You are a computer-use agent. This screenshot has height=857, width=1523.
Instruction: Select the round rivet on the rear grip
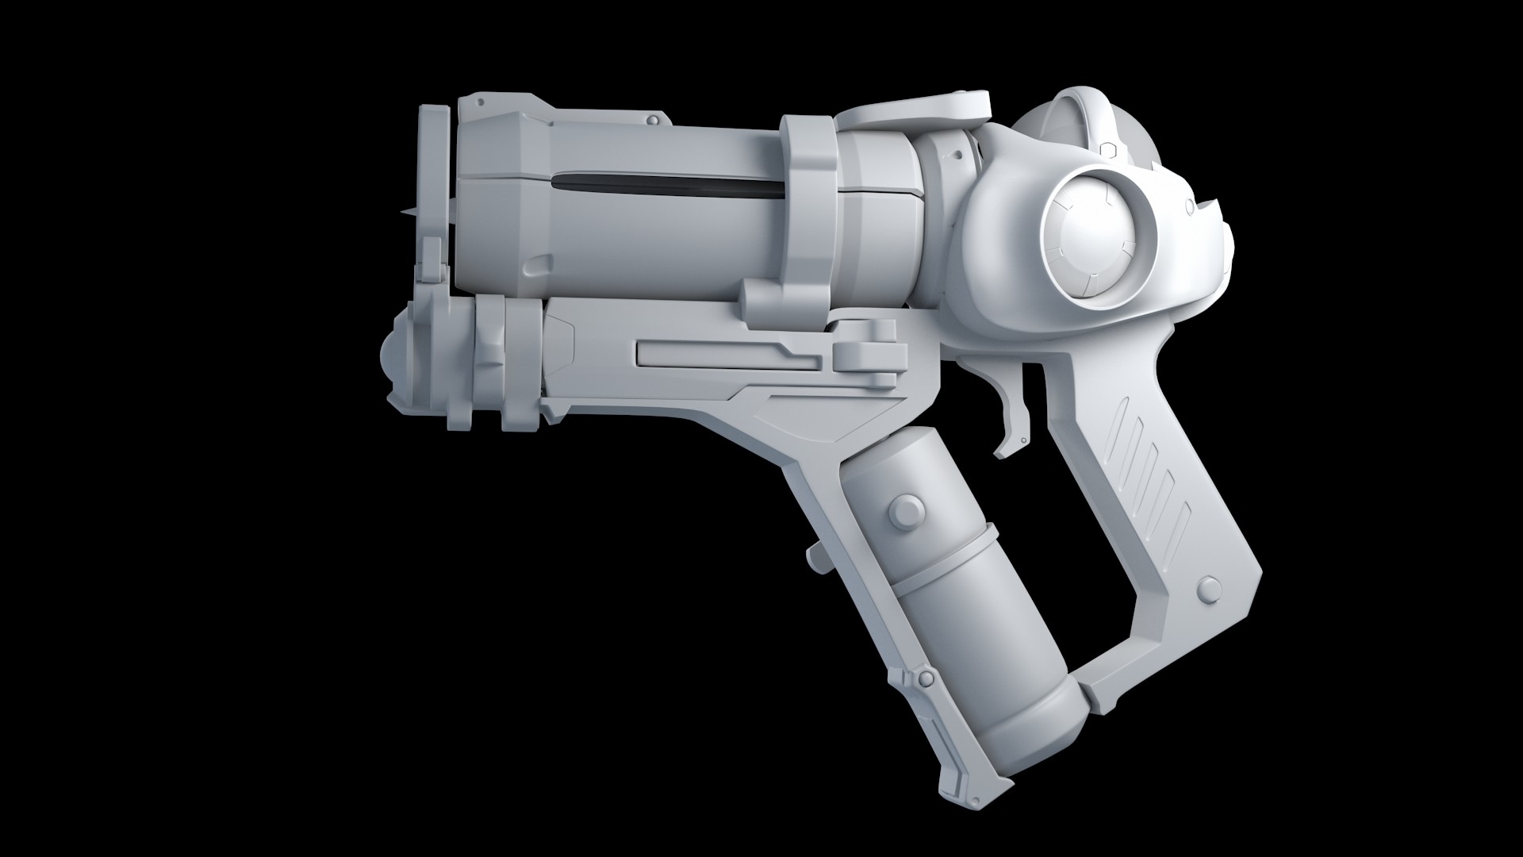click(1208, 589)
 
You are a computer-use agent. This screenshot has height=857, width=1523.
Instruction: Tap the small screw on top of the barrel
click(652, 120)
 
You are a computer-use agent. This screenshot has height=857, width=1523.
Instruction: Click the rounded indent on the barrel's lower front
click(539, 263)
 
